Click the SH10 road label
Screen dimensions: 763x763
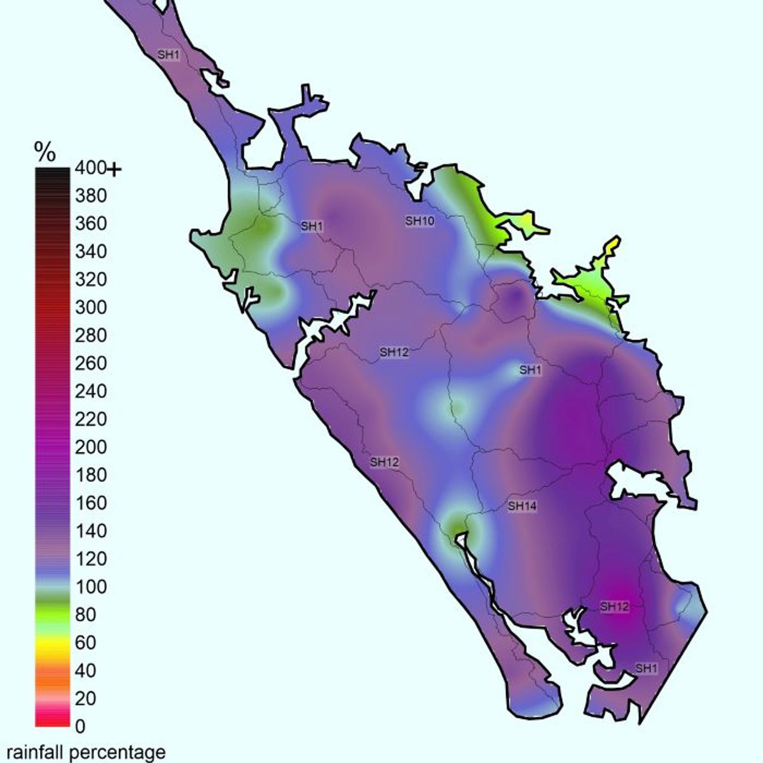[420, 221]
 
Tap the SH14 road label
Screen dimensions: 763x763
[522, 506]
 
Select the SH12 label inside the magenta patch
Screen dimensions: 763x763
[614, 607]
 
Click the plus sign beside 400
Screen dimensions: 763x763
[114, 170]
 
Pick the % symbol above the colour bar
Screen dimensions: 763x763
[45, 153]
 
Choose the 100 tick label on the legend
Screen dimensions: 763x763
[90, 587]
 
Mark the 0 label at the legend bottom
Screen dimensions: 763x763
[80, 726]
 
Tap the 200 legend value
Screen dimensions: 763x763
[90, 448]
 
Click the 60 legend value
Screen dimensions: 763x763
[85, 643]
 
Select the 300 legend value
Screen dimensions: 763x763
[90, 308]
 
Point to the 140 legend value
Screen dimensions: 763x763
[90, 531]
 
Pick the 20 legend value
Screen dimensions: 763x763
[85, 698]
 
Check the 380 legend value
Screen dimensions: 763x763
[90, 196]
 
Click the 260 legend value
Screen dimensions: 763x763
[90, 364]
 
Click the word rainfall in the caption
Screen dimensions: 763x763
[35, 752]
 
